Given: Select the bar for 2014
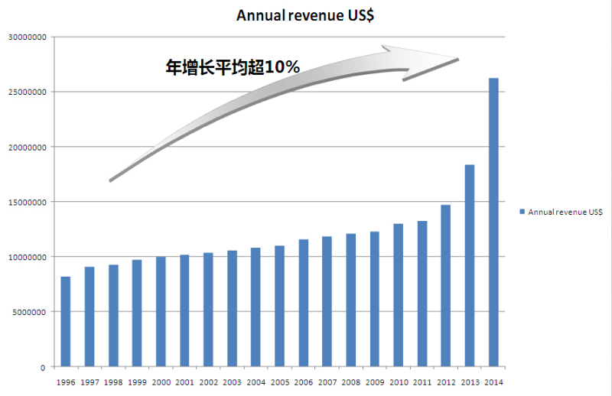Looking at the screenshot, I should [493, 222].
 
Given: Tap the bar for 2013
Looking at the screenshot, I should [470, 265].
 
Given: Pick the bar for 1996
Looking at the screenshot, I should [66, 321].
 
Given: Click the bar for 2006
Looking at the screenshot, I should [304, 303].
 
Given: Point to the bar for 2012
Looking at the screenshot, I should [446, 285].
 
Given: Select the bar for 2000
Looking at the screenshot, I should [161, 311].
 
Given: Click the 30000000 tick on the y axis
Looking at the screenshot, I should [27, 37].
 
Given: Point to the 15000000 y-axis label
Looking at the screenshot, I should [27, 202].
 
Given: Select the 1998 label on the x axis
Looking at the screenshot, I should [113, 382].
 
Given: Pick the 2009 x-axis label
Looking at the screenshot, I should [375, 382].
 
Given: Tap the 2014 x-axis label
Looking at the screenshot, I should [493, 382].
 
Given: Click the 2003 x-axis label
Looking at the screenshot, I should [232, 382].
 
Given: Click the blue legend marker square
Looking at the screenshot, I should [522, 212].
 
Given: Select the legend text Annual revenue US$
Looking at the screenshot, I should [565, 212].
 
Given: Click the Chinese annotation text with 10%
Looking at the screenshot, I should [233, 67].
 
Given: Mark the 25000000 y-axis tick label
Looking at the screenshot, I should [27, 92].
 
